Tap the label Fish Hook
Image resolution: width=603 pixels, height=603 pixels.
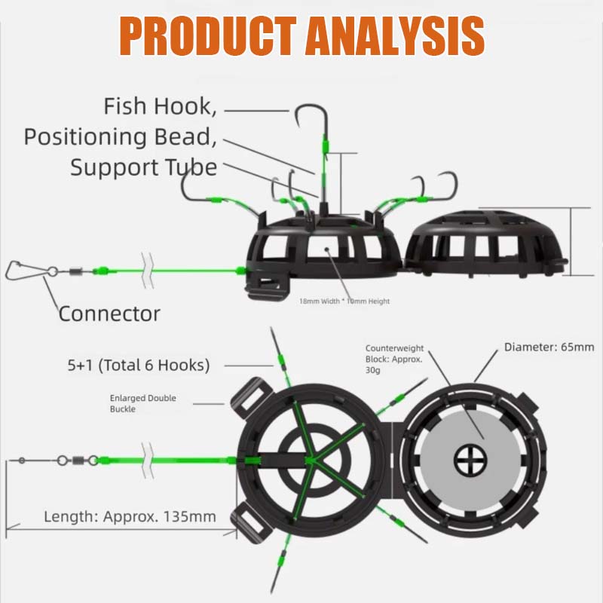pos(161,106)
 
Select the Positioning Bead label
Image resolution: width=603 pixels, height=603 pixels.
pos(121,136)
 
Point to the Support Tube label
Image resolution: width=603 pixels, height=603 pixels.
pos(143,167)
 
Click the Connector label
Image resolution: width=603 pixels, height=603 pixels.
pos(109,313)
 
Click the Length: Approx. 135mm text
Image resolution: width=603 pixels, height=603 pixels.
pos(130,517)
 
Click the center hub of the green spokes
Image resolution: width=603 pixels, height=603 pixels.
pos(310,459)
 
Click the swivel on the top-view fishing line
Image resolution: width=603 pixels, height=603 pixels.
pos(75,459)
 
